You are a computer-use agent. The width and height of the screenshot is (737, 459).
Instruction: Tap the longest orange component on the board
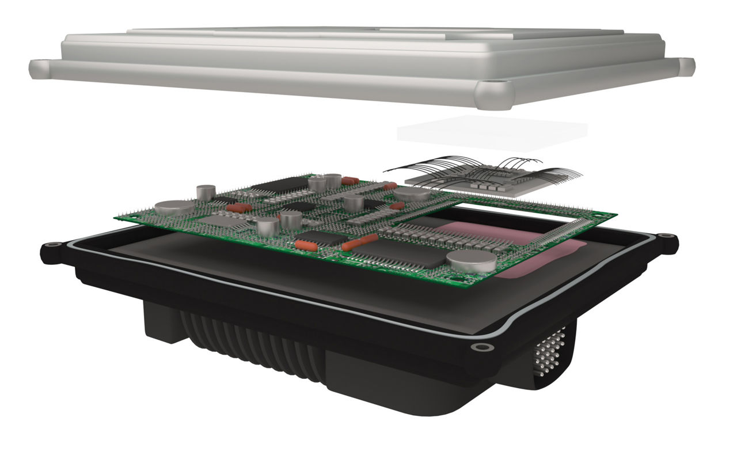tap(360, 242)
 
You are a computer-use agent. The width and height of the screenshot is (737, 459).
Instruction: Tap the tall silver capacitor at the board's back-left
tap(206, 192)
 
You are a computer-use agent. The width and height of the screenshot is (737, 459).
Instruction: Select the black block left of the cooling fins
tap(161, 323)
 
